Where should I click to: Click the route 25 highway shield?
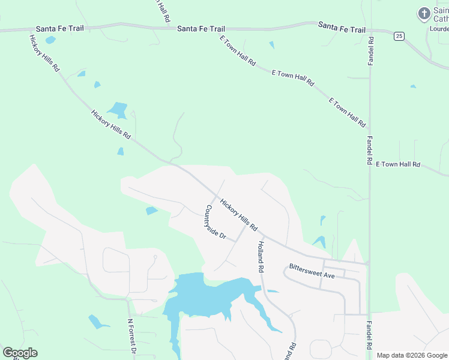(x=399, y=37)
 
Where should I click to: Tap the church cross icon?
(x=424, y=13)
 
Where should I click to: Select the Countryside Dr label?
(x=215, y=223)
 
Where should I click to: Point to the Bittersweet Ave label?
(x=312, y=270)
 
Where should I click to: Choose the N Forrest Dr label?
(x=132, y=337)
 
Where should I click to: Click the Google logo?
(x=20, y=353)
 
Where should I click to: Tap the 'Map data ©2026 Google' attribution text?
(x=412, y=355)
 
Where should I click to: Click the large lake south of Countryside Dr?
(x=204, y=297)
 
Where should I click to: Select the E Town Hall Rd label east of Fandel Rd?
(x=398, y=164)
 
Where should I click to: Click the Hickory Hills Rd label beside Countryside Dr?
(x=238, y=215)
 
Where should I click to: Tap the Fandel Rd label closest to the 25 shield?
(x=371, y=51)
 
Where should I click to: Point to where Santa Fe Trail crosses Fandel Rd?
(x=370, y=28)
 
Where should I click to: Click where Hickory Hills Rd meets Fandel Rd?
(x=369, y=263)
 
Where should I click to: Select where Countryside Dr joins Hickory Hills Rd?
(x=216, y=196)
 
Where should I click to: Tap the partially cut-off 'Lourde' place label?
(x=439, y=28)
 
